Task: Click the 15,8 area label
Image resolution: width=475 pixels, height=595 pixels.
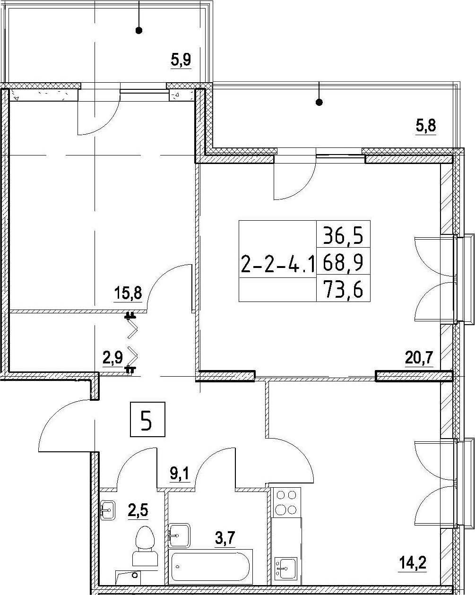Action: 128,293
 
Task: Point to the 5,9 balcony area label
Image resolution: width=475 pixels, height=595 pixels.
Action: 181,60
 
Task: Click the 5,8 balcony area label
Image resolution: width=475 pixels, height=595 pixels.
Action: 426,126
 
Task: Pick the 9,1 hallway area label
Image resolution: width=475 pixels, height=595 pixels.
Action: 180,474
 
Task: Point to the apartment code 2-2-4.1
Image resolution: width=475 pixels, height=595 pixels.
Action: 278,264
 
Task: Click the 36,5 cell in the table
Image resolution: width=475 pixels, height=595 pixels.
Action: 343,235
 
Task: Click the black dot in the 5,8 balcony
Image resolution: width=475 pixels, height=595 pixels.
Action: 320,103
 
